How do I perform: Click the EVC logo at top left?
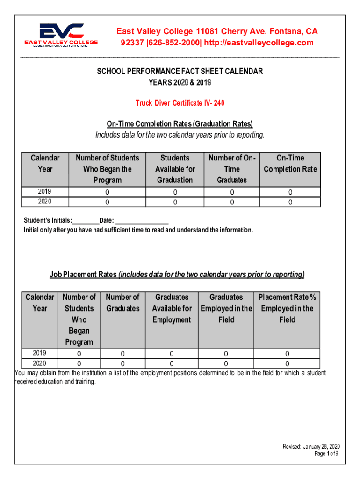(61, 35)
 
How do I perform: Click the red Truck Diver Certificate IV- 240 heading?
(177, 102)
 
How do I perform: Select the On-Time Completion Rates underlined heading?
(180, 124)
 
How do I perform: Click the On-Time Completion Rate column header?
(290, 164)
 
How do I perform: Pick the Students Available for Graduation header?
(175, 169)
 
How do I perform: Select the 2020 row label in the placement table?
(39, 363)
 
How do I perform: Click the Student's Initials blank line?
(85, 221)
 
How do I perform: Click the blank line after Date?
(142, 221)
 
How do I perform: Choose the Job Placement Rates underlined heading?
(177, 275)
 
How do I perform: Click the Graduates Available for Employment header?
(172, 308)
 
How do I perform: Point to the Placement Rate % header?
(287, 308)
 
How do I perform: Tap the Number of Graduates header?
(122, 303)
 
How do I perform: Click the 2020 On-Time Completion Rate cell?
(290, 203)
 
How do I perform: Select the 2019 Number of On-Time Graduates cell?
(231, 192)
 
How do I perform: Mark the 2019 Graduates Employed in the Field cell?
(226, 354)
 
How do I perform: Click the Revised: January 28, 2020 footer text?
(310, 446)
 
